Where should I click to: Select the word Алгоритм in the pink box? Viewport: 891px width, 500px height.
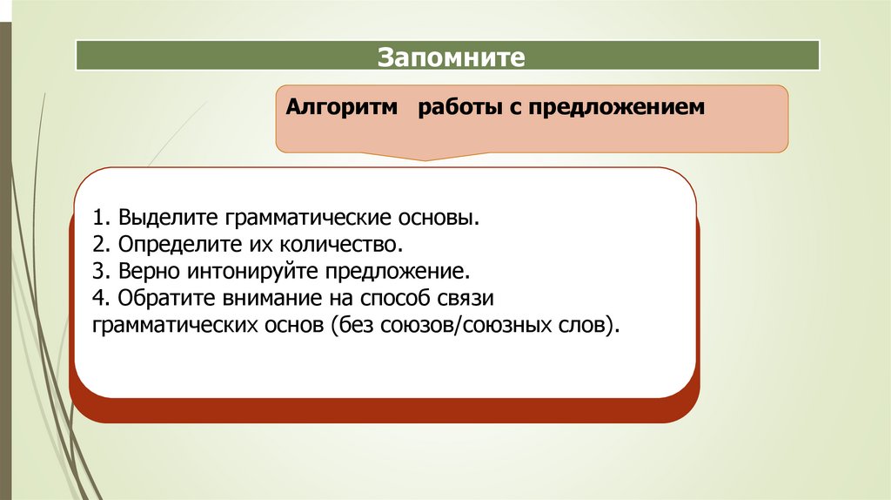point(341,110)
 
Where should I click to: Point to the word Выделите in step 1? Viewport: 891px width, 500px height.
point(169,216)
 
